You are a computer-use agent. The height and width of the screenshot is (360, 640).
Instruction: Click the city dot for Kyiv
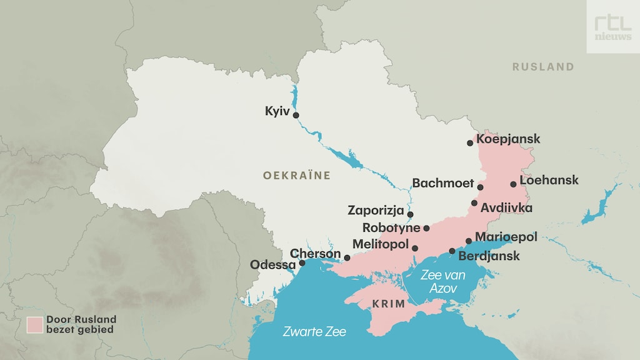tap(296, 115)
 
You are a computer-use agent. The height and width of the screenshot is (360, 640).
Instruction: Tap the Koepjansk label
tap(508, 139)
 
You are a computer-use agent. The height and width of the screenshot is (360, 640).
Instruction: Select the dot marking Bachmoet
tap(480, 187)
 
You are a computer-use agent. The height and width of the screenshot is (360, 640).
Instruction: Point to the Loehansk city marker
tap(513, 184)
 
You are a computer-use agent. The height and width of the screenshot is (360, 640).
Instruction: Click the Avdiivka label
tap(506, 207)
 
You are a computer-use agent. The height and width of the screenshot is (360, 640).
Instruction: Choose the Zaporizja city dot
tap(410, 214)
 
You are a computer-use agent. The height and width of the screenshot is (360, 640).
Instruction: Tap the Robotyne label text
tap(391, 227)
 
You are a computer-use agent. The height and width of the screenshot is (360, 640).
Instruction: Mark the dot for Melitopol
tap(415, 248)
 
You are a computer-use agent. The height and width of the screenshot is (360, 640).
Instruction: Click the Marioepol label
tap(506, 237)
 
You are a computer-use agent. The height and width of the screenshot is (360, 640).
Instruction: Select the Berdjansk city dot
tap(452, 251)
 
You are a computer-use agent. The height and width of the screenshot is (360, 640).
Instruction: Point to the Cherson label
tap(316, 254)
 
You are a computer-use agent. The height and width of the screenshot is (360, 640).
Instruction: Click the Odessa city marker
tap(302, 263)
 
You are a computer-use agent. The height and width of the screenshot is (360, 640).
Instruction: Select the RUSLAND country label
tap(542, 67)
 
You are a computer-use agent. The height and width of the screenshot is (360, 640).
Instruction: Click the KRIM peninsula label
tap(389, 304)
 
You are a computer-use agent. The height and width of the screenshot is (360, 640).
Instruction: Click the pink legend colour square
tap(35, 324)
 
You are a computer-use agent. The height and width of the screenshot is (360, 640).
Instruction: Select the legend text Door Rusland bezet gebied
tap(81, 324)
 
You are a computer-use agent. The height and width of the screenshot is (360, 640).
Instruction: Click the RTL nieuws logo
tap(612, 26)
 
